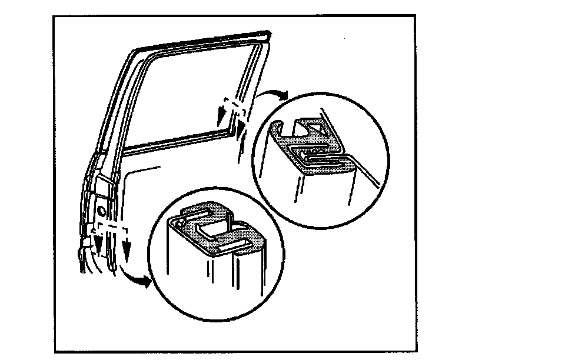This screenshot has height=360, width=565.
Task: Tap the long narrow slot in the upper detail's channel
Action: pos(321,157)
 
